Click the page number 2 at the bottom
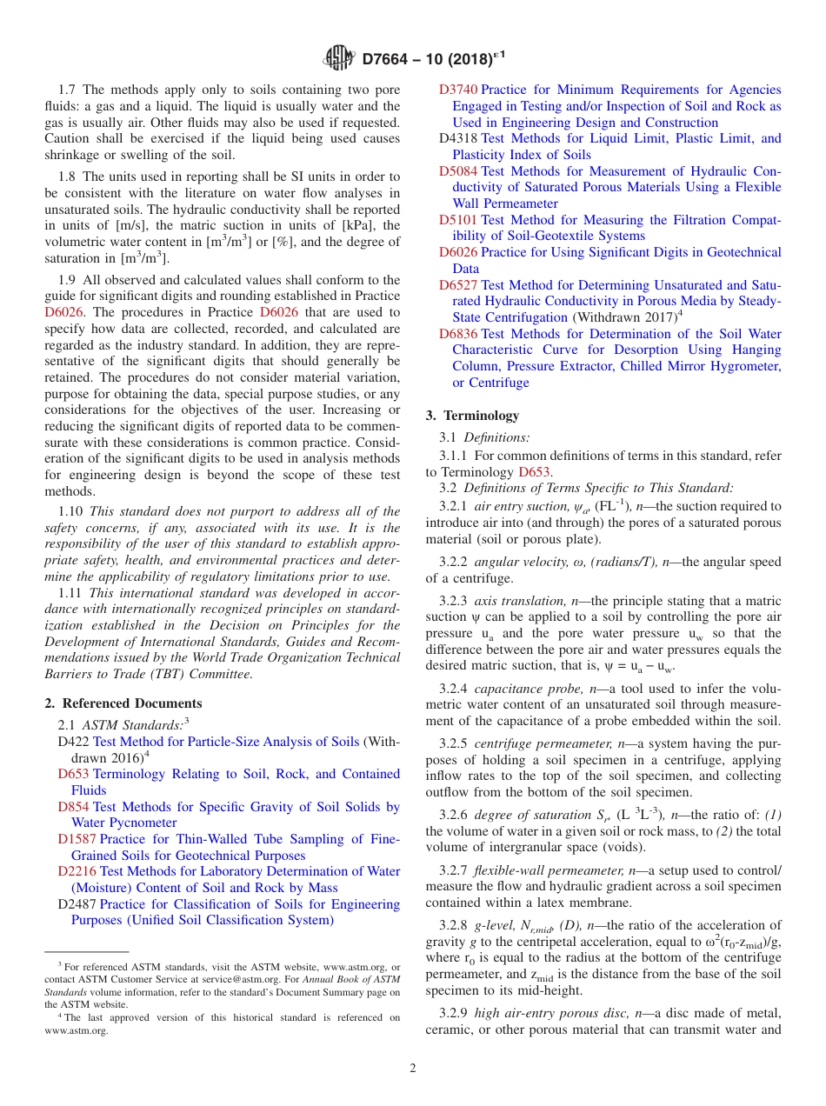pyautogui.click(x=413, y=1068)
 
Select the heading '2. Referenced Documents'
pyautogui.click(x=123, y=703)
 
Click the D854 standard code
pyautogui.click(x=74, y=807)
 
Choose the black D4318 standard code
pyautogui.click(x=458, y=138)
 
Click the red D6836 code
pyautogui.click(x=458, y=334)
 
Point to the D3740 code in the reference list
pyautogui.click(x=458, y=90)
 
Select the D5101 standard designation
pyautogui.click(x=458, y=220)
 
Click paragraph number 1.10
pyautogui.click(x=72, y=512)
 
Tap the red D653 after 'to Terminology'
pyautogui.click(x=535, y=472)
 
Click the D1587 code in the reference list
pyautogui.click(x=77, y=839)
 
